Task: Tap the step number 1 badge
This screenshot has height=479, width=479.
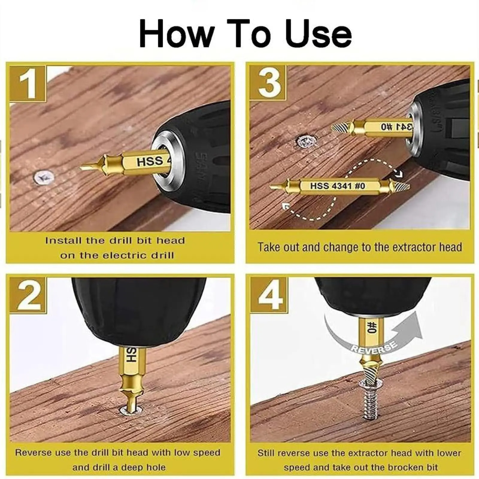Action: (x=28, y=84)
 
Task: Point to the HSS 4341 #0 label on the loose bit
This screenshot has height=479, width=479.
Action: (x=337, y=186)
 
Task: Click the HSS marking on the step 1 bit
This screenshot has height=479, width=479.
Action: (x=150, y=162)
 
